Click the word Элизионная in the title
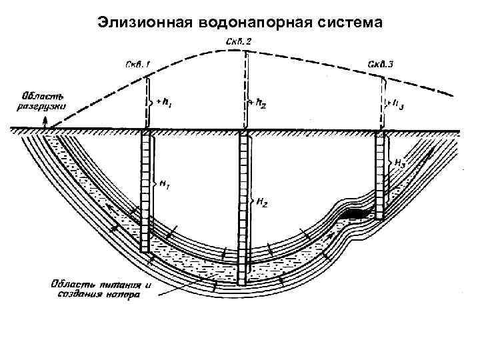coord(143,22)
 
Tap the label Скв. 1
coord(139,65)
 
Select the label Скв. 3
coord(381,65)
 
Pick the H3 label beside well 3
coord(401,162)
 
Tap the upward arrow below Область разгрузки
coord(45,123)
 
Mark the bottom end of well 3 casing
coord(380,217)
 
